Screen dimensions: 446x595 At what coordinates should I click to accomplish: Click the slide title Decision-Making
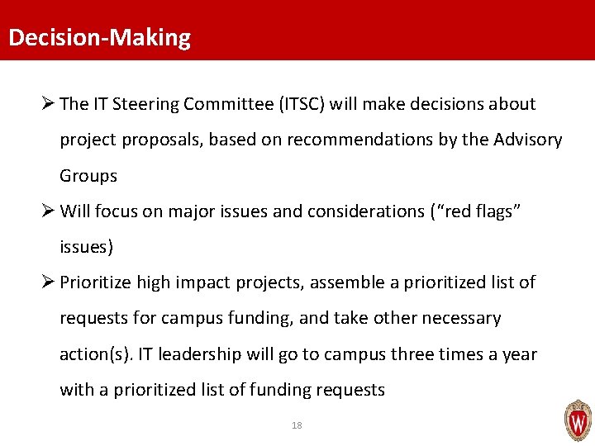point(98,38)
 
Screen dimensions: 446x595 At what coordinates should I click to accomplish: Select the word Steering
point(146,104)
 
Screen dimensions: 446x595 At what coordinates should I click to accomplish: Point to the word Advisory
point(527,140)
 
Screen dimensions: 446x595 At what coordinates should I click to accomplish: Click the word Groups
point(88,176)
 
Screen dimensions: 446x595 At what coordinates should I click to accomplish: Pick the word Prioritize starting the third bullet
point(98,282)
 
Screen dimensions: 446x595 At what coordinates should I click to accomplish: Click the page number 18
point(297,425)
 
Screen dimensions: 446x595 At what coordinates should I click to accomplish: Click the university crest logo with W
point(577,421)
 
